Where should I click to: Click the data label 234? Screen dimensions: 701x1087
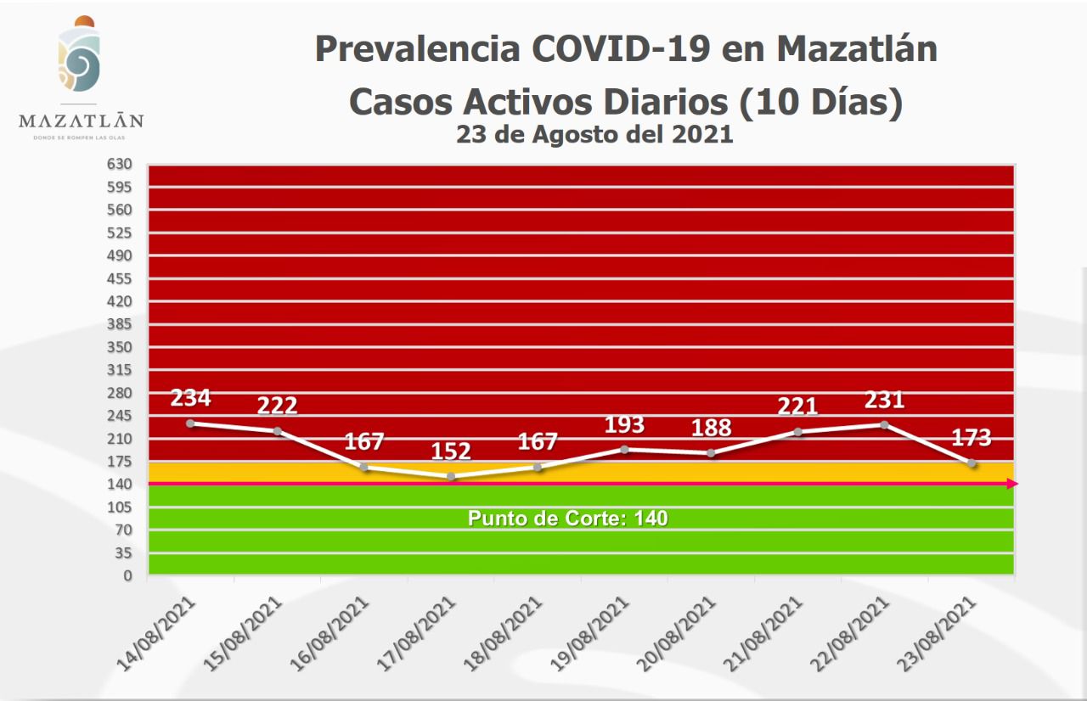pos(190,398)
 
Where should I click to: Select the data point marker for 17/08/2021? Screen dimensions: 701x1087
pos(451,477)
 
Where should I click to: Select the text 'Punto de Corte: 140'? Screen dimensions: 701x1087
pos(568,518)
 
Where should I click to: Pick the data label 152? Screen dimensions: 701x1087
pos(451,452)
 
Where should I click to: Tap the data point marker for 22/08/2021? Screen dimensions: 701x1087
pos(884,424)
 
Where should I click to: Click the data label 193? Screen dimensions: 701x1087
pos(624,424)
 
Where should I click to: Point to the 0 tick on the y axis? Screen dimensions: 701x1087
pos(127,575)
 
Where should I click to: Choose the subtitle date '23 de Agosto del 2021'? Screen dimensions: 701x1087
pos(594,134)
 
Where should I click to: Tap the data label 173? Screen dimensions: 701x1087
pos(971,439)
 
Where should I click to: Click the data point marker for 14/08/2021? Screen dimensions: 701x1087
pos(190,423)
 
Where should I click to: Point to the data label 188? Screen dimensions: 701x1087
pos(711,428)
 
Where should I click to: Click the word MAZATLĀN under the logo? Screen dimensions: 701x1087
pos(81,121)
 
